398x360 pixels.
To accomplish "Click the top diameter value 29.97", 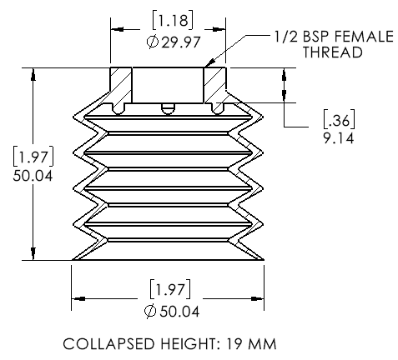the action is [x=181, y=42].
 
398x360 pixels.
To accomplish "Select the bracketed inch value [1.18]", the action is [x=173, y=20].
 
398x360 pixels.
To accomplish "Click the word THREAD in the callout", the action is [x=332, y=52].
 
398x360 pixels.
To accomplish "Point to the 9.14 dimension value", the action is [x=339, y=138].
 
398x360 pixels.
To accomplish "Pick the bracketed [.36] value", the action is [x=340, y=119].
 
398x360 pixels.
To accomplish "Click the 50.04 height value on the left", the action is [x=33, y=176].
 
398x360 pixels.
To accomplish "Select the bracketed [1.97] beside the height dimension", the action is [x=33, y=157].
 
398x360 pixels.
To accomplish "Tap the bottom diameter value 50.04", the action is [x=179, y=312].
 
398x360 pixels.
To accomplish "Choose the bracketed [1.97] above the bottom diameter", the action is [x=170, y=289].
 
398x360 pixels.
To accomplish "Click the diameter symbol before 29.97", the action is [x=153, y=42].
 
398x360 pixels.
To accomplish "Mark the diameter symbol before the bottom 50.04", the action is [x=150, y=312].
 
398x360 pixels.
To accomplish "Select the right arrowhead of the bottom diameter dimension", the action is [x=258, y=299].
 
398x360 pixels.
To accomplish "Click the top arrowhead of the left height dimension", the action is [x=33, y=74].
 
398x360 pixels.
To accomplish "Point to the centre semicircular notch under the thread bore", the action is [x=168, y=109].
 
